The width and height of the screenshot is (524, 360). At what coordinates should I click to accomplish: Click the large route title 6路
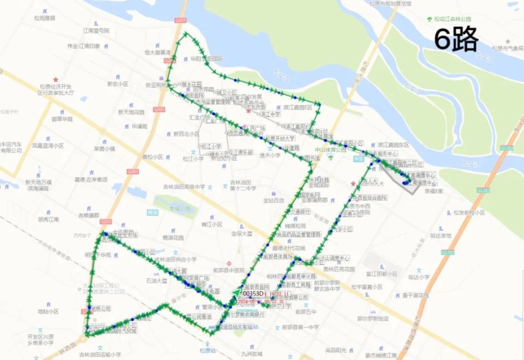click(456, 40)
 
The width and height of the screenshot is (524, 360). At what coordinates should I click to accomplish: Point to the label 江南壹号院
click(96, 30)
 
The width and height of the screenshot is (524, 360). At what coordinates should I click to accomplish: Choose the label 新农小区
click(117, 84)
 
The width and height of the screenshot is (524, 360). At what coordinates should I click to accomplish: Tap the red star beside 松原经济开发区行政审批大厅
click(56, 79)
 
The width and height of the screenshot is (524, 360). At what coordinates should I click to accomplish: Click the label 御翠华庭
click(62, 118)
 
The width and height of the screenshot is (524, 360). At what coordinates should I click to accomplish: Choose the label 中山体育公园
click(327, 149)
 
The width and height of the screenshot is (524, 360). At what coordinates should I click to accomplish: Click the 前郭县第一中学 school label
click(300, 327)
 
